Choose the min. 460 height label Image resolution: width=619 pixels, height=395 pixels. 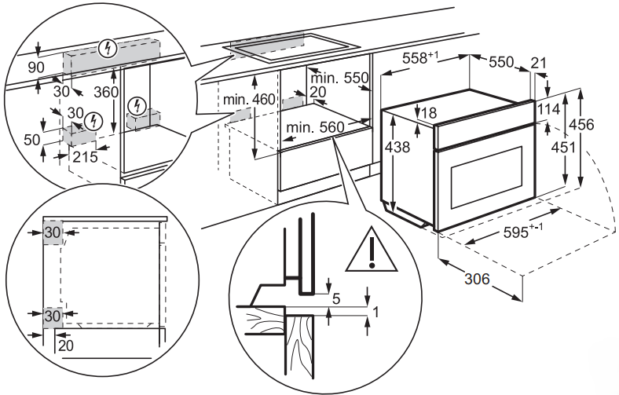250,99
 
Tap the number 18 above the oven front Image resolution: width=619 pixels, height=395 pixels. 427,113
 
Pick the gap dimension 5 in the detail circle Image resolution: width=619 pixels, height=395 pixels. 335,298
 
